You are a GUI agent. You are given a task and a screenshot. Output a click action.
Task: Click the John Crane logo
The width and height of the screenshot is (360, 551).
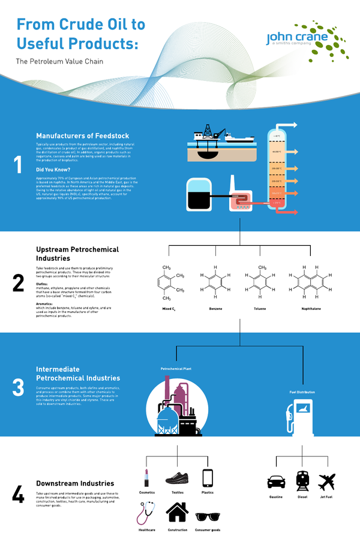point(307,40)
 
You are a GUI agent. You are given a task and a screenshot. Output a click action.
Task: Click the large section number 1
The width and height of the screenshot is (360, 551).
point(18,165)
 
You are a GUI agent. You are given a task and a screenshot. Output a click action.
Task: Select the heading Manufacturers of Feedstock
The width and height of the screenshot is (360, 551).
point(82,136)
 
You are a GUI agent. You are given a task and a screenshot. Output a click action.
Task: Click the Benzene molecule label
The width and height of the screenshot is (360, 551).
point(215,308)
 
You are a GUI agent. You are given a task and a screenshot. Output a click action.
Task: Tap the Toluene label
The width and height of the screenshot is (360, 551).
point(260,308)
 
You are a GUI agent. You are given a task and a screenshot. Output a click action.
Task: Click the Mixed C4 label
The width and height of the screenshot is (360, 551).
point(169,309)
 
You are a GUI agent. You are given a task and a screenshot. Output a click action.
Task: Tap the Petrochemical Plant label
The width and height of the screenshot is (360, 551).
point(176,369)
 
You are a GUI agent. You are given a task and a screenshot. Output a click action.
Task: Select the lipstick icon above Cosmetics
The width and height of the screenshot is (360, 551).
point(146,478)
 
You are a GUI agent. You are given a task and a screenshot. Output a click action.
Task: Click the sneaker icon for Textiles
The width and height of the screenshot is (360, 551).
point(177,478)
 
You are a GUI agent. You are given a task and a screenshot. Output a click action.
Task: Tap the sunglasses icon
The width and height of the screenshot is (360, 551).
point(208,516)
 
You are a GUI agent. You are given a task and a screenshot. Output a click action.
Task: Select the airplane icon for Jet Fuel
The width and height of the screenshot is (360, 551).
point(327,481)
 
